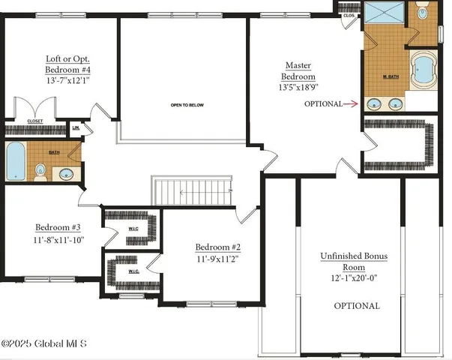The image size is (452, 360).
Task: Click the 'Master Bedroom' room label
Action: (x=298, y=70)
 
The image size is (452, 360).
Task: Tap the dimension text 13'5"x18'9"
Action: (x=298, y=87)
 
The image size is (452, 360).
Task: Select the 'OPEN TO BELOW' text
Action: (x=185, y=105)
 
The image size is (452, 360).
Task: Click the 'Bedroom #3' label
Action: (x=58, y=228)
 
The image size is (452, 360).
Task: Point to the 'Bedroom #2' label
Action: (x=217, y=247)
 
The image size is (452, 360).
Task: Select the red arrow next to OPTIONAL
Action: (x=352, y=104)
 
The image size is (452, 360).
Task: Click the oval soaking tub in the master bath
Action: (x=423, y=72)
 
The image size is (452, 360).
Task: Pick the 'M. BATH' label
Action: (x=391, y=76)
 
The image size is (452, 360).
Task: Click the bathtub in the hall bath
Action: (x=15, y=161)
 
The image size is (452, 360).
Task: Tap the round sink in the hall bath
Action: (x=65, y=175)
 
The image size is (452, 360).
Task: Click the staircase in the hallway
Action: (x=192, y=190)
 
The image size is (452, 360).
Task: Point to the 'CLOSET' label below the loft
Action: (x=35, y=121)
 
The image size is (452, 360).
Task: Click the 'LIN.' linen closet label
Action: (x=76, y=128)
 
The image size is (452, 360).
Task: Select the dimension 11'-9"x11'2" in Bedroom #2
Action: (x=217, y=259)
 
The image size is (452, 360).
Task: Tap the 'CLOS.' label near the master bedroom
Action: (x=349, y=15)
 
